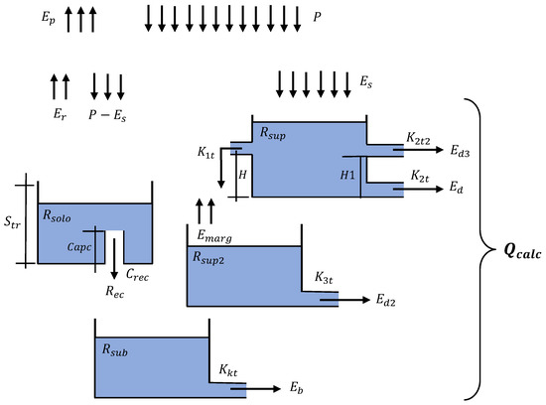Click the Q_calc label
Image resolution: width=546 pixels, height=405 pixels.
pos(511,250)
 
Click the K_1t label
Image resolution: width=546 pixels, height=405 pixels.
pos(207,154)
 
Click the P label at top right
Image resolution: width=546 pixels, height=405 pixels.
pos(315,17)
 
